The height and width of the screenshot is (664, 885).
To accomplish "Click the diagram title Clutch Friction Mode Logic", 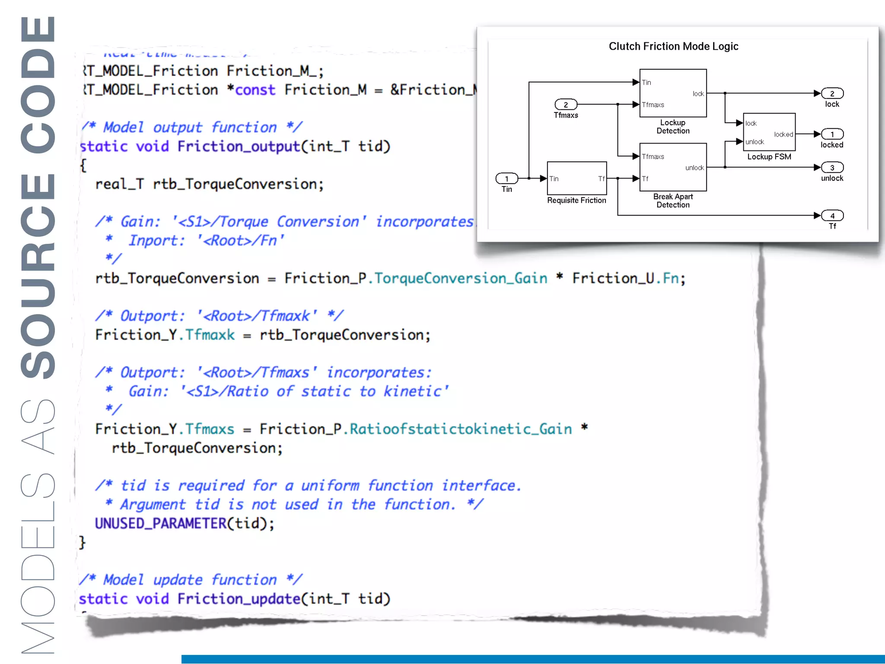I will (x=673, y=46).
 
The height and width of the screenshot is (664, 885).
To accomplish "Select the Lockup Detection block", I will (x=673, y=93).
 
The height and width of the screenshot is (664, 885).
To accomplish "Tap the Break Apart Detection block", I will (x=673, y=167).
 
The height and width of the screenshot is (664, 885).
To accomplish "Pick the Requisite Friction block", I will (x=576, y=178).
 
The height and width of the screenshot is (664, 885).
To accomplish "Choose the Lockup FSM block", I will (x=769, y=132).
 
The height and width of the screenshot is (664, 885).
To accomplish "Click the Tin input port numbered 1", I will (x=506, y=179).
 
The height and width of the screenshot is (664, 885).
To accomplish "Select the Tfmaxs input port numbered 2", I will (x=566, y=105).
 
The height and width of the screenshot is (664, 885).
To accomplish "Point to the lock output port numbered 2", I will (x=832, y=93).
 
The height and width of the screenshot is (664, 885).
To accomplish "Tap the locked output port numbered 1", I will (x=832, y=134).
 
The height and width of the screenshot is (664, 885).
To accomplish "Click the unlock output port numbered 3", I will (x=832, y=168).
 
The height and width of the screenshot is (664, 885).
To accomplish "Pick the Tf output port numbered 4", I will (x=832, y=216).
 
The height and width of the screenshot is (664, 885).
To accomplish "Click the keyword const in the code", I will (x=255, y=90).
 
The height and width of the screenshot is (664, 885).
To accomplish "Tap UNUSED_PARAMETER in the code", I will (x=161, y=524).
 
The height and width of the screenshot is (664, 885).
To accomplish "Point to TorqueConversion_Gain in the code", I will (x=461, y=278).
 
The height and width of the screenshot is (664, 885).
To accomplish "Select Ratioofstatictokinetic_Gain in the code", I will (x=461, y=429).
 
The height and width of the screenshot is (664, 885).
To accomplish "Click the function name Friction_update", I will (x=239, y=599).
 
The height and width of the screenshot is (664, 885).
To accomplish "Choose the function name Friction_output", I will (x=239, y=147).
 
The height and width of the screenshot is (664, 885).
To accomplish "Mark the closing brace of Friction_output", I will (x=82, y=543).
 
